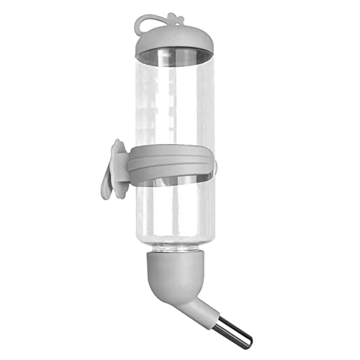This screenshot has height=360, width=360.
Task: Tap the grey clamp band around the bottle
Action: [x=173, y=160]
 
